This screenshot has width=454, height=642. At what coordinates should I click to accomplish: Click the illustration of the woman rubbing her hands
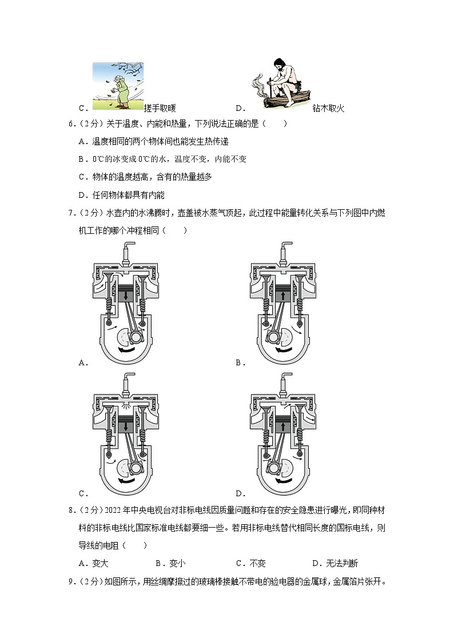[x=118, y=85]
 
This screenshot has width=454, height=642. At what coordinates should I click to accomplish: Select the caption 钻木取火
[x=329, y=108]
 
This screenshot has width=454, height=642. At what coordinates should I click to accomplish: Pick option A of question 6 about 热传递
[x=153, y=141]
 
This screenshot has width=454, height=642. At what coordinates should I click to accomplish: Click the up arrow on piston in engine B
[x=284, y=296]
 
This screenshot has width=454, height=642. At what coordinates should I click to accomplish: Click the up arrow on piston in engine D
[x=284, y=426]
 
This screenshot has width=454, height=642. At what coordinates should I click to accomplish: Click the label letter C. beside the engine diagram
[x=82, y=493]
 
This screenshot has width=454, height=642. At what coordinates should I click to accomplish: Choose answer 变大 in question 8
[x=100, y=563]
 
